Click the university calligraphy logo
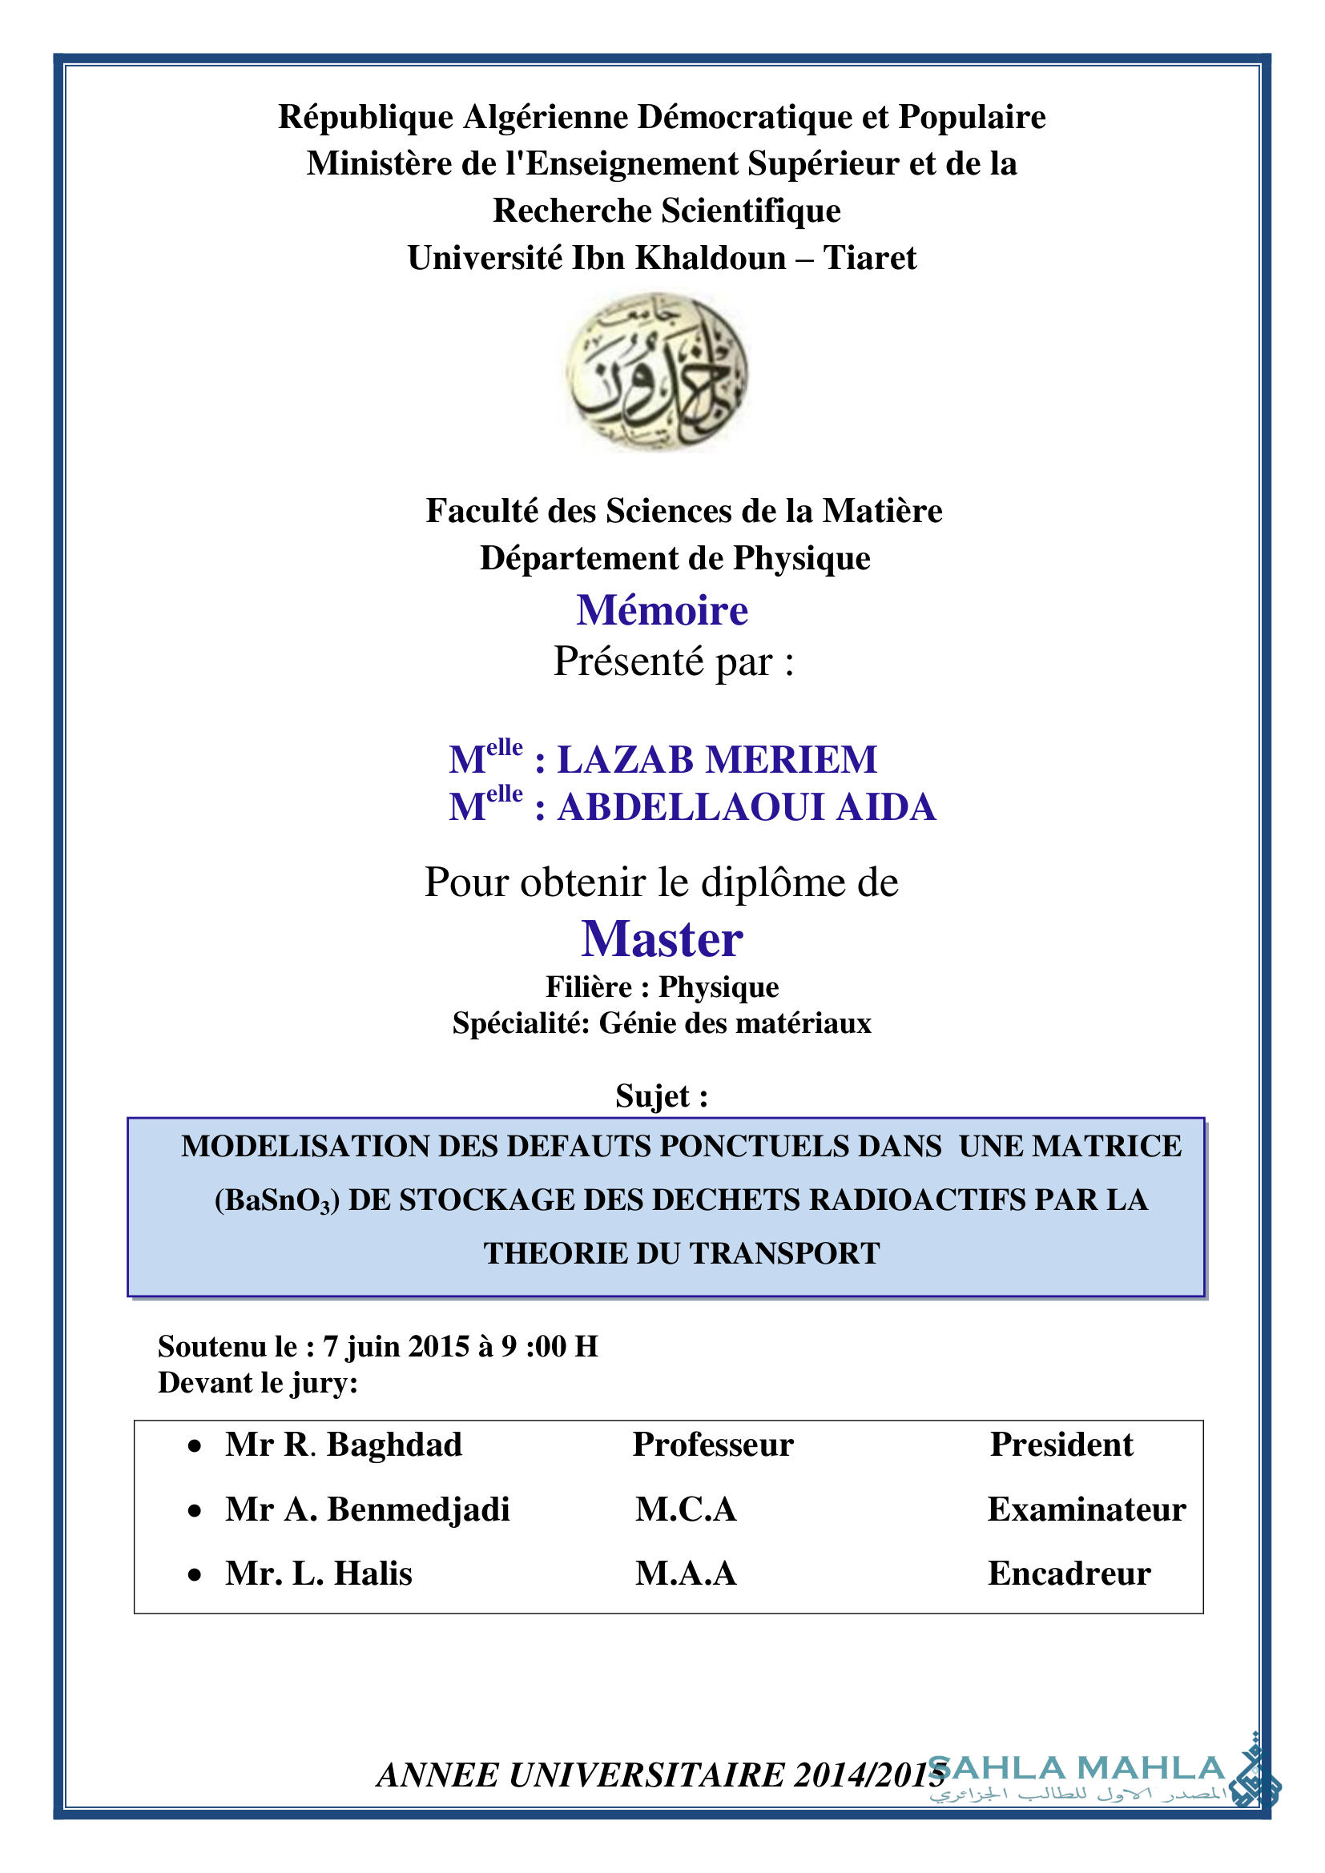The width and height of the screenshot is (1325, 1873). (x=657, y=372)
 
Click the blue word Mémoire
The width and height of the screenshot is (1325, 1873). (x=662, y=610)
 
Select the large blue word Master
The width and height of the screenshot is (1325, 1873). (x=662, y=939)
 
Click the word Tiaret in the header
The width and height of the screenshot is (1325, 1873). (x=870, y=259)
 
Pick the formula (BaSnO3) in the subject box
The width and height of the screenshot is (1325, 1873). (x=276, y=1200)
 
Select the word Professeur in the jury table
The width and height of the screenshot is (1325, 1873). (x=712, y=1445)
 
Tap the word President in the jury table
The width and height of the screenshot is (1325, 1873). (x=1061, y=1445)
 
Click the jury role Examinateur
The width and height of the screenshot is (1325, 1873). (x=1086, y=1509)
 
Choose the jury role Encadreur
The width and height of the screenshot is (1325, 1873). (x=1069, y=1574)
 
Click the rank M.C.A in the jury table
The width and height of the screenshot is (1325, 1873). (x=687, y=1509)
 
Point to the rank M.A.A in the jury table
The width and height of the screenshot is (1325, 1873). (x=687, y=1574)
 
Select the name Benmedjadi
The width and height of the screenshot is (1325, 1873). (x=418, y=1509)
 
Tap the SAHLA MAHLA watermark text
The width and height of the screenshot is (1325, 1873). (x=1077, y=1769)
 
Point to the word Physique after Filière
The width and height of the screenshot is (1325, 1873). (x=719, y=988)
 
